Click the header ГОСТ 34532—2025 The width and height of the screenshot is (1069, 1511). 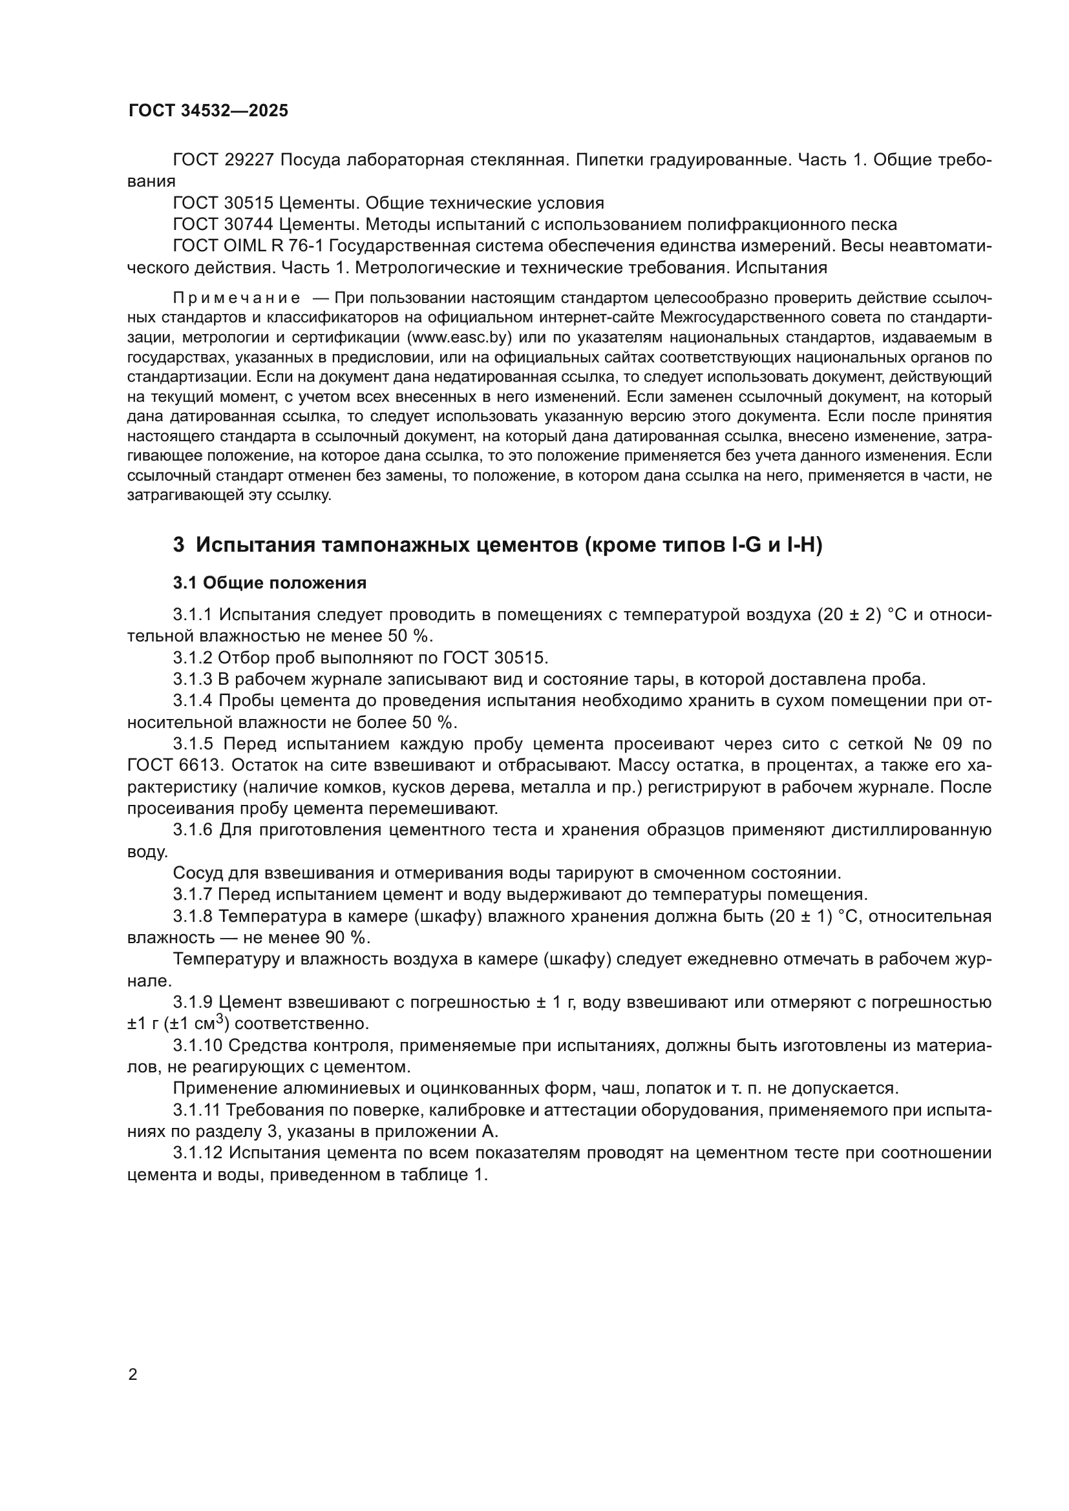pos(208,110)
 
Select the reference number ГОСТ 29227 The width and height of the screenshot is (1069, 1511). pos(223,160)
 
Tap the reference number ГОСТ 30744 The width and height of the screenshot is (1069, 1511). pos(223,224)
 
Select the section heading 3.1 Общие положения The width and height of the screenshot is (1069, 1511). pos(270,583)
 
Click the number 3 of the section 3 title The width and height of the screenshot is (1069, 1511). pos(179,546)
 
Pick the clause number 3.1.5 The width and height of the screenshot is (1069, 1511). pos(193,744)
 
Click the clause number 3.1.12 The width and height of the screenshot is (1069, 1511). pos(198,1153)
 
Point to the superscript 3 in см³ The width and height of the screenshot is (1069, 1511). pos(221,1019)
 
